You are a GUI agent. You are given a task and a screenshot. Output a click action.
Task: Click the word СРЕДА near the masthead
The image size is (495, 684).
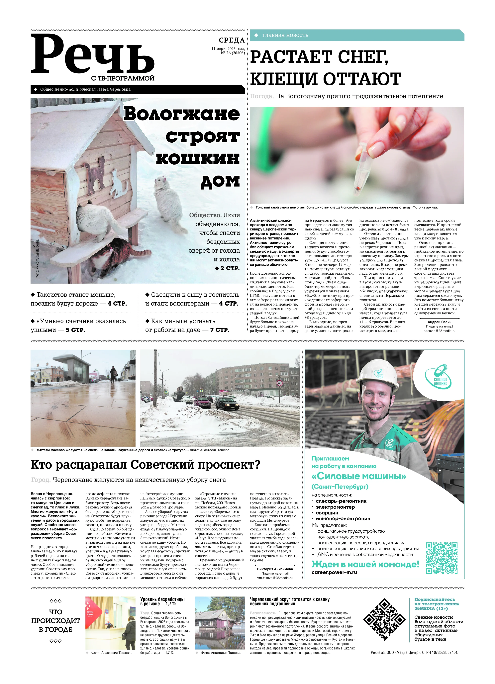232,40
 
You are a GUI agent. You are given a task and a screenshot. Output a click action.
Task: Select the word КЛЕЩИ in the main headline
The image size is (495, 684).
284,79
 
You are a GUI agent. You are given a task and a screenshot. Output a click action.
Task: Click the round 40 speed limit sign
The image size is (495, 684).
279,383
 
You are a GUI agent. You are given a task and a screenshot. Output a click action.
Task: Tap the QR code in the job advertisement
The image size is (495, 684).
442,558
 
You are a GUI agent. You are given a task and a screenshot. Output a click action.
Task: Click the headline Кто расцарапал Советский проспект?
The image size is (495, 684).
145,465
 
